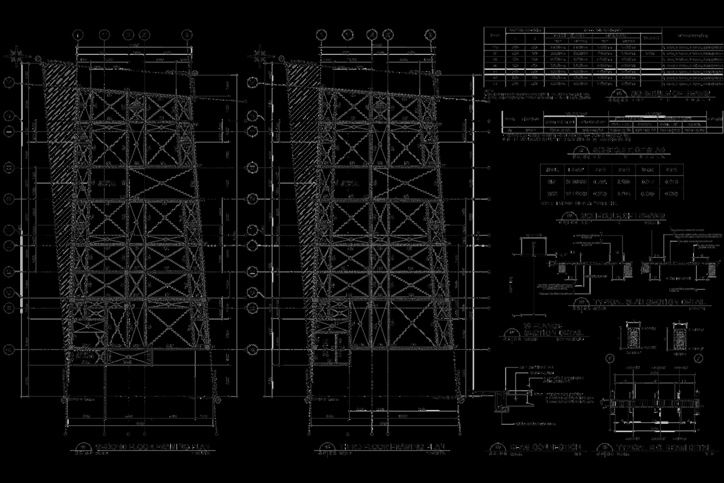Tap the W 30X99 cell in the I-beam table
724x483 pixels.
tap(576, 182)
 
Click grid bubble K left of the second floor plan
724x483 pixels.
tap(10, 83)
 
